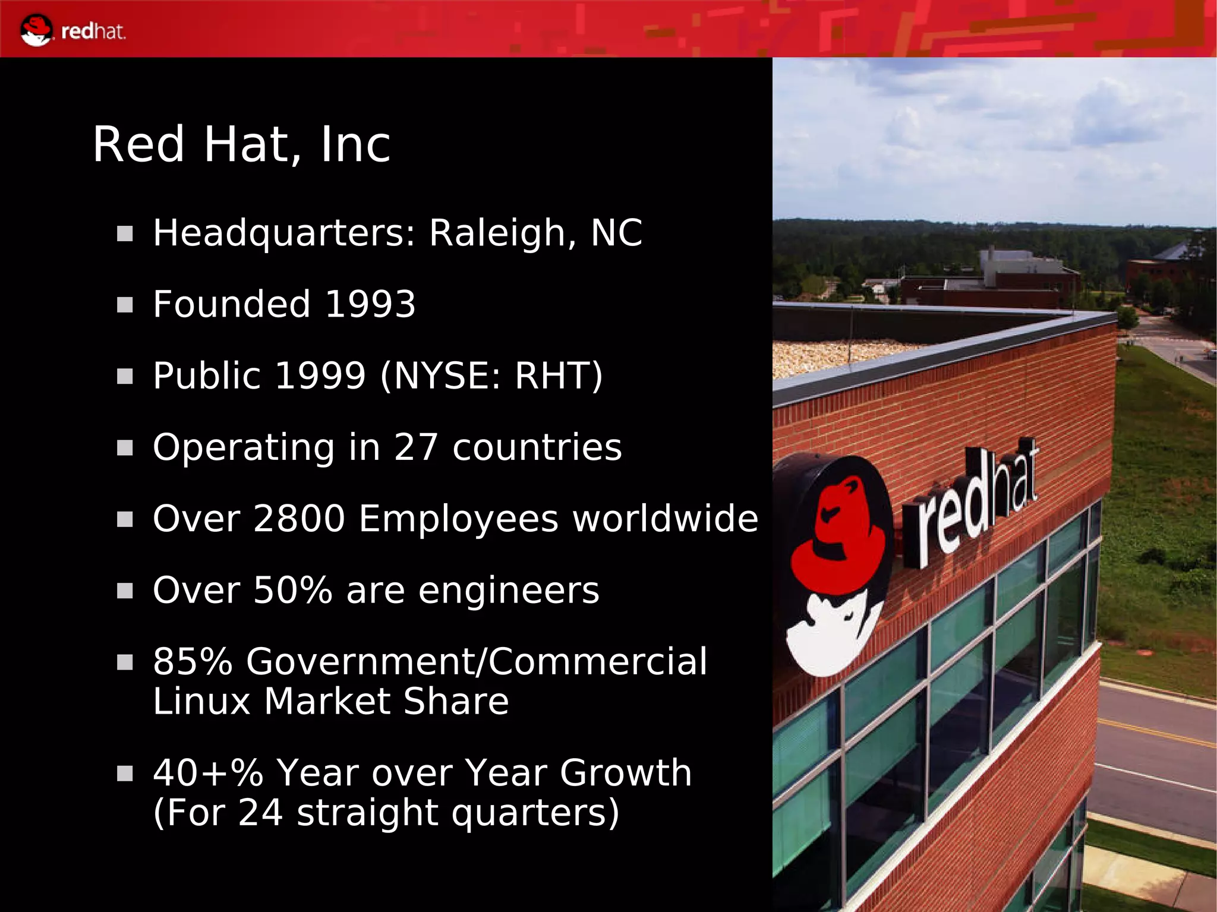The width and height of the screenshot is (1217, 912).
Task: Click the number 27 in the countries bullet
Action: [x=416, y=447]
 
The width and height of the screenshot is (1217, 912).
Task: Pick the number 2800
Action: [x=299, y=519]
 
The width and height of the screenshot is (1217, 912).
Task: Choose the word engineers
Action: [x=509, y=591]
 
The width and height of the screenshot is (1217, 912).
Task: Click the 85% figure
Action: [x=193, y=661]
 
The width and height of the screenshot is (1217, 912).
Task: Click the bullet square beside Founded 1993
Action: [x=125, y=305]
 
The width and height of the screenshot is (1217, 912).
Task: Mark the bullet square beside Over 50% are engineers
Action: [x=125, y=591]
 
